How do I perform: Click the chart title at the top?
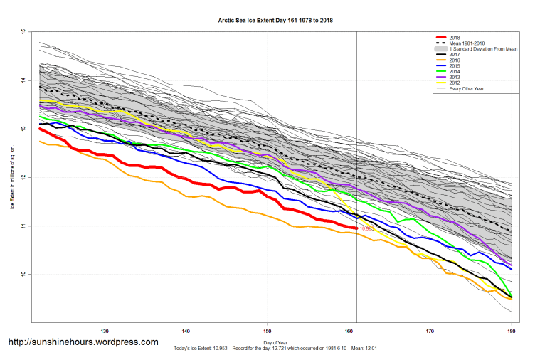[275, 21]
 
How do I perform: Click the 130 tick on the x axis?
[105, 331]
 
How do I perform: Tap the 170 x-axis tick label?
[430, 331]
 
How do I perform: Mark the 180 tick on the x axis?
[510, 331]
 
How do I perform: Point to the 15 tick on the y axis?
[23, 33]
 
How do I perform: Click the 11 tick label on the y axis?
[23, 226]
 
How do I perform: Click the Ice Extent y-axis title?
[12, 178]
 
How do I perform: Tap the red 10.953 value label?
[367, 229]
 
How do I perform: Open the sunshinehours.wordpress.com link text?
[83, 342]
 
